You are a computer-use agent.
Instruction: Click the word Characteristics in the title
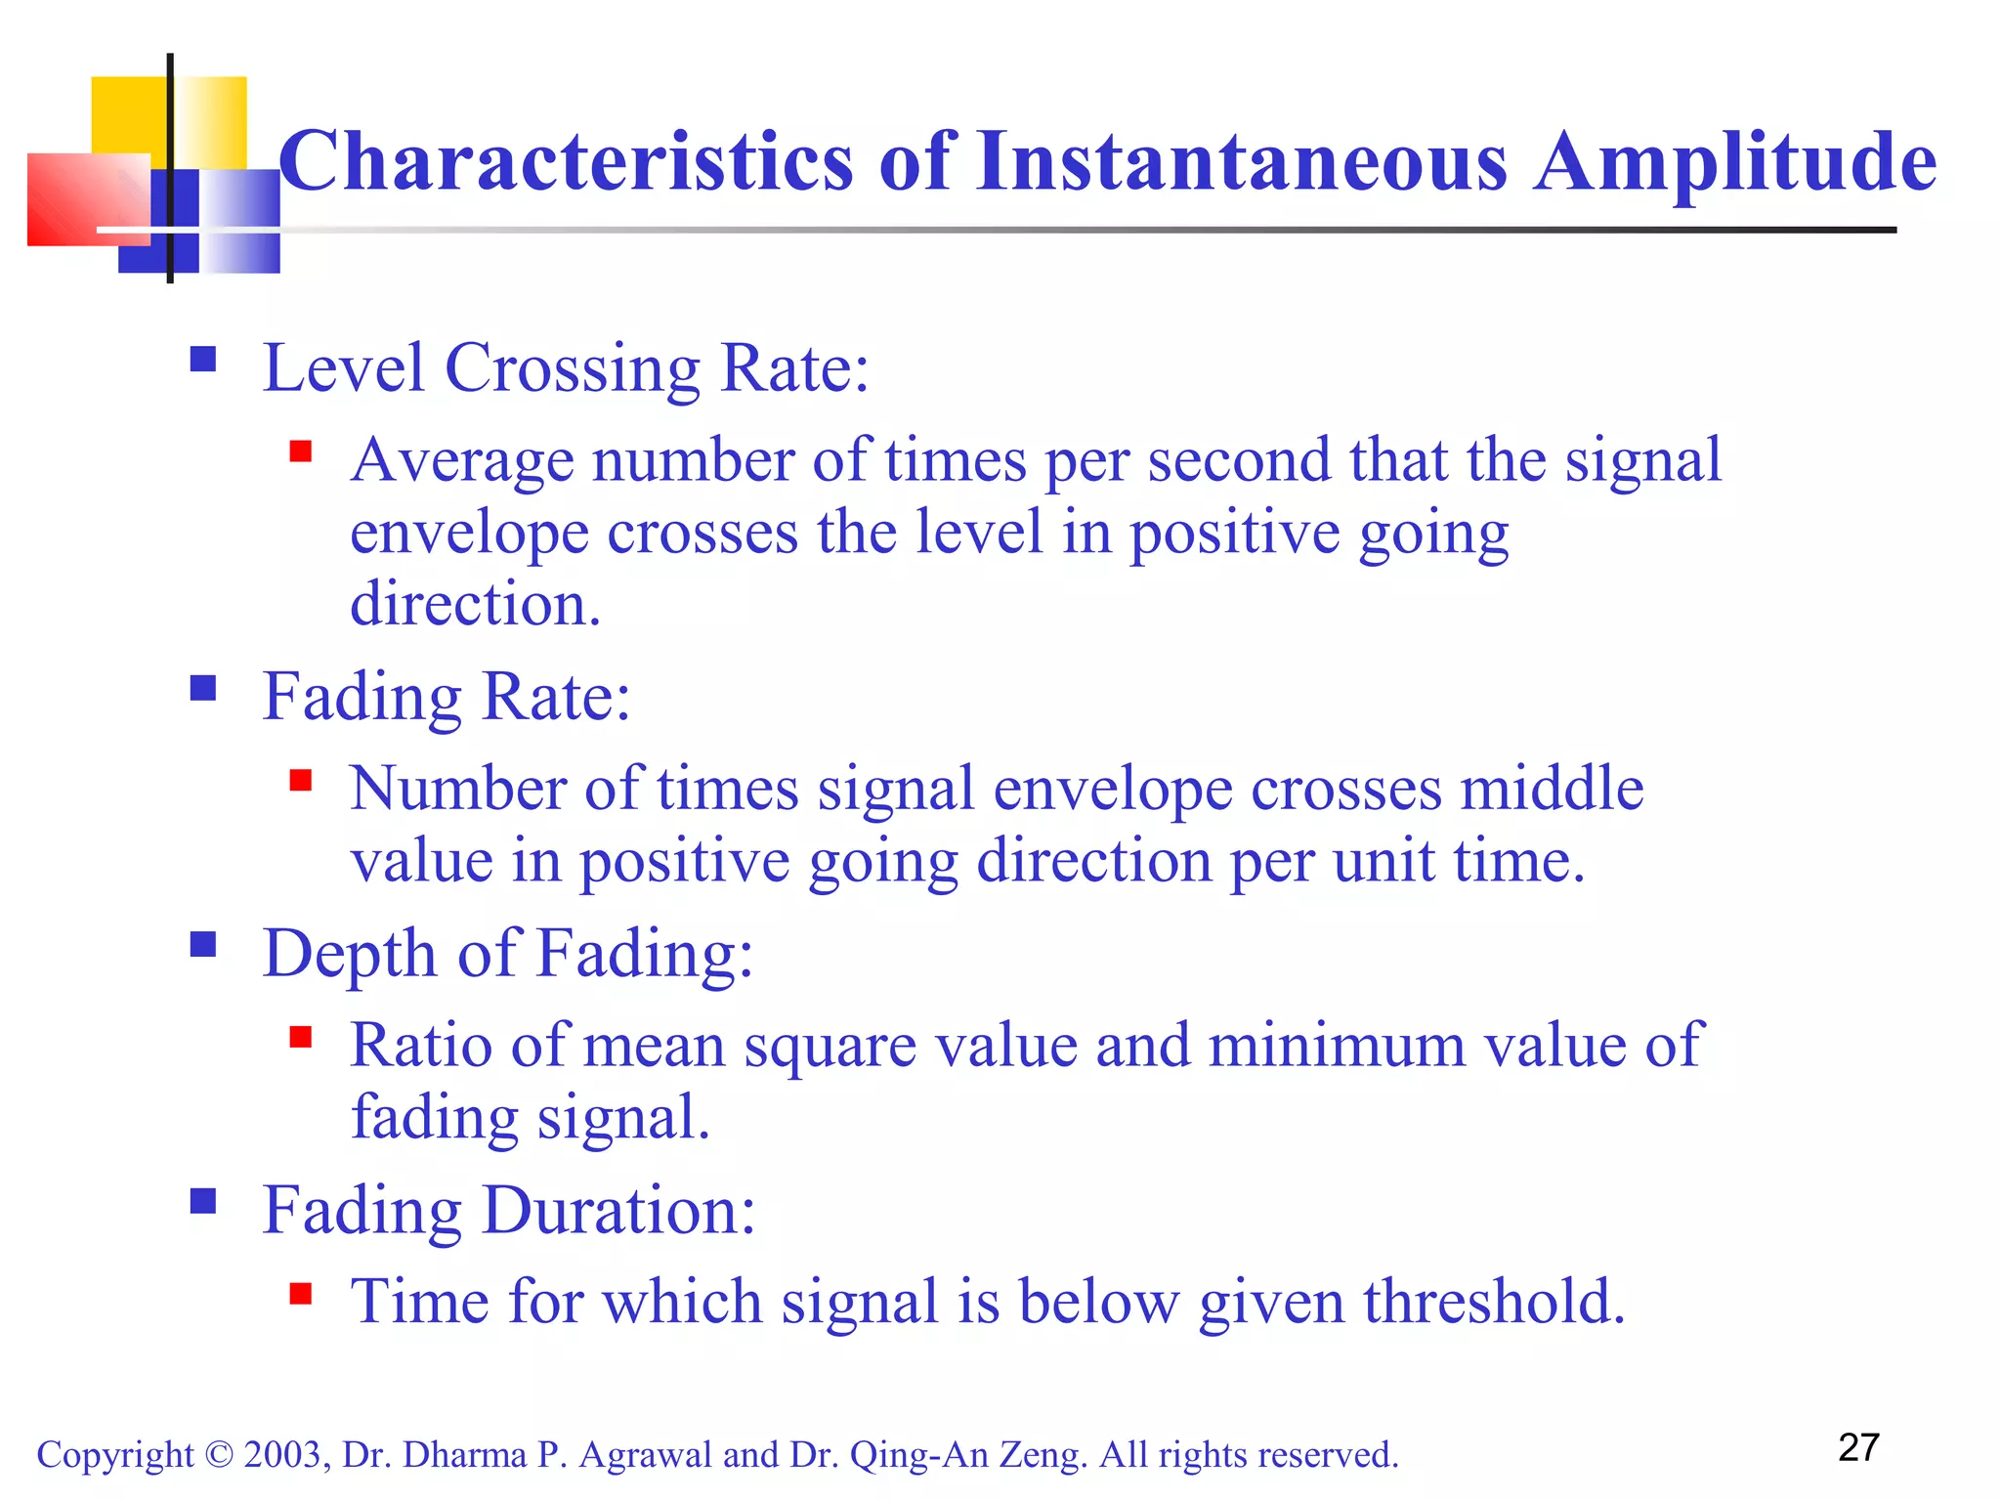[567, 161]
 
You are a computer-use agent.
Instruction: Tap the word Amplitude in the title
[1733, 161]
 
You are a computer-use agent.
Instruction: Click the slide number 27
[1858, 1448]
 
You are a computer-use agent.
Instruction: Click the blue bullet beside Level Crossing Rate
[203, 361]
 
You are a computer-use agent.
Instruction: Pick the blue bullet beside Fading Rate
[203, 689]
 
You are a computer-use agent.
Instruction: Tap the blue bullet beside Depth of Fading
[203, 945]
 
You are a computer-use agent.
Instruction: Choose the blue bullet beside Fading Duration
[203, 1201]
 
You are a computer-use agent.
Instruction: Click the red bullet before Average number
[301, 451]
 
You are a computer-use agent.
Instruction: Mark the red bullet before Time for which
[301, 1295]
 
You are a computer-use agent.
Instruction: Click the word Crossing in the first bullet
[572, 369]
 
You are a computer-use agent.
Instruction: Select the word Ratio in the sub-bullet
[421, 1046]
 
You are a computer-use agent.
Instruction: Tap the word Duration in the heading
[618, 1212]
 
